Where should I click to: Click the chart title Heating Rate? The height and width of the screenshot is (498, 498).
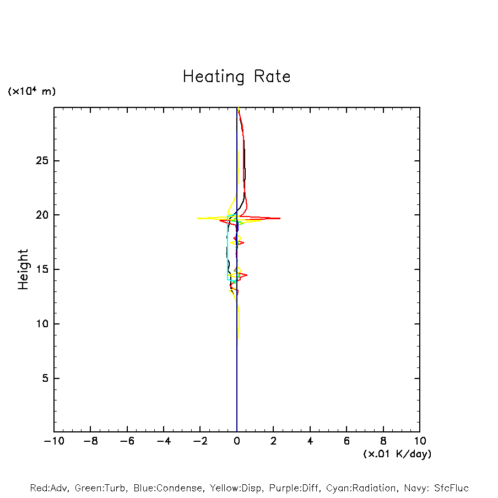[x=236, y=77]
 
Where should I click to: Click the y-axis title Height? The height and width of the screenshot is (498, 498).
[x=23, y=269]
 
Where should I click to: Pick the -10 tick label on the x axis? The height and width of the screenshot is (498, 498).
[x=53, y=441]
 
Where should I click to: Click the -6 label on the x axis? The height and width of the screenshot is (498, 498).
[x=127, y=441]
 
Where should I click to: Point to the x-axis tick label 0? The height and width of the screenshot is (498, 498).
[x=237, y=441]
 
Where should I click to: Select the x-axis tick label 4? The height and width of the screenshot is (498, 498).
[x=310, y=441]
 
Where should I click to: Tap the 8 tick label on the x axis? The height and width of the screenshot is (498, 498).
[x=383, y=441]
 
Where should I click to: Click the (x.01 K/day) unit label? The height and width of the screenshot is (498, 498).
[x=397, y=454]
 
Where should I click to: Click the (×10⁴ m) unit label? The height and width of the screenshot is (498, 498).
[x=31, y=91]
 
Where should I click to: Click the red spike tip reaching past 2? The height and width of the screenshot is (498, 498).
[x=280, y=218]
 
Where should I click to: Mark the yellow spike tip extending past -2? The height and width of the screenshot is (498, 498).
[x=197, y=218]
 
